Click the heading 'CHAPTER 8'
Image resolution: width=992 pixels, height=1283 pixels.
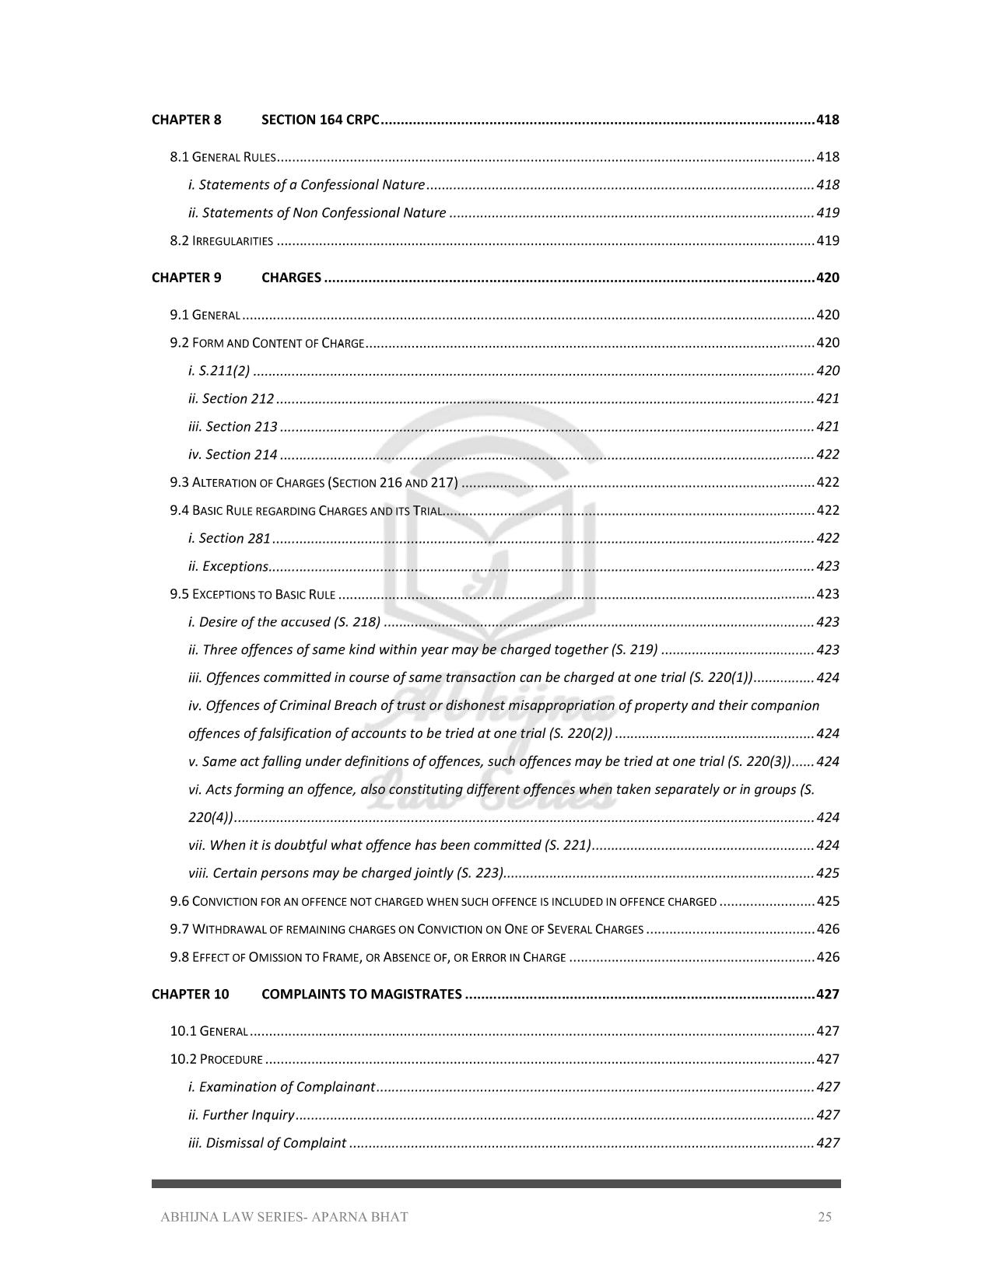click(x=187, y=120)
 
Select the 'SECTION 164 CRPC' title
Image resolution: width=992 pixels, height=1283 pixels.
click(x=320, y=120)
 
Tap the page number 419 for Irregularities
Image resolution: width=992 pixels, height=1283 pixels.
click(x=828, y=241)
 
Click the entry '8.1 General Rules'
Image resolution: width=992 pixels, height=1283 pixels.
click(x=223, y=157)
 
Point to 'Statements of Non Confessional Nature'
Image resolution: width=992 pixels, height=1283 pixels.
click(x=317, y=213)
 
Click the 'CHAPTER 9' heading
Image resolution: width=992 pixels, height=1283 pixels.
click(x=187, y=278)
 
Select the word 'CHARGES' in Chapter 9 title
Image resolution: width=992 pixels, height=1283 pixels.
click(x=291, y=278)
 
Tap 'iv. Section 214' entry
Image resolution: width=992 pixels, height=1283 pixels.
click(x=233, y=455)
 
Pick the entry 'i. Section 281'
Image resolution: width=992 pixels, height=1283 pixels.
click(x=230, y=538)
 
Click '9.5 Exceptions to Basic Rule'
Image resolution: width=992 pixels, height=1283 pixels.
click(x=253, y=595)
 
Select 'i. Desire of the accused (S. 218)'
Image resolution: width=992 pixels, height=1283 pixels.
click(x=284, y=622)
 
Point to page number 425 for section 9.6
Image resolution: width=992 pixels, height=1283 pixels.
click(x=828, y=901)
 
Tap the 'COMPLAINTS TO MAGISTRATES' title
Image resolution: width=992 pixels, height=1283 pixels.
click(x=362, y=994)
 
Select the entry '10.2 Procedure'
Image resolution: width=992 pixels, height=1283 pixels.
click(x=216, y=1059)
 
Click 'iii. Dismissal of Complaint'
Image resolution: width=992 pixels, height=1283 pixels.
click(x=267, y=1143)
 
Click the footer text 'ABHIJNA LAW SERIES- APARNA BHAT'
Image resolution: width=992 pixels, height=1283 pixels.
click(x=284, y=1217)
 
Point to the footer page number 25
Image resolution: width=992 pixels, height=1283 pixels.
click(x=824, y=1217)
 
